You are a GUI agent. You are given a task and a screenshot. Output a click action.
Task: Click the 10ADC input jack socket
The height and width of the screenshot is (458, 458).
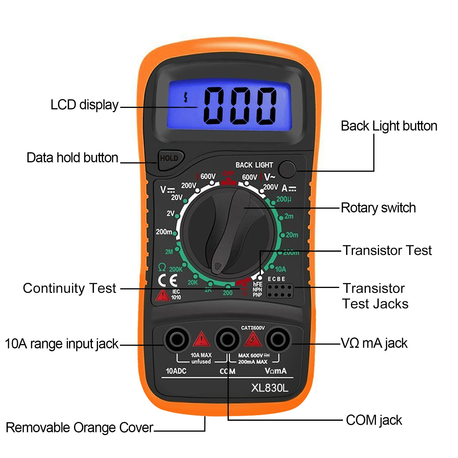[x=177, y=340]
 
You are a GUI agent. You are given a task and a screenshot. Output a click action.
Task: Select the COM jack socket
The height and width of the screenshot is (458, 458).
[x=228, y=340]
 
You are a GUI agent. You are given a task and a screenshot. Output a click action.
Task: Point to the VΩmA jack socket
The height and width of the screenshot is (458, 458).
[x=277, y=340]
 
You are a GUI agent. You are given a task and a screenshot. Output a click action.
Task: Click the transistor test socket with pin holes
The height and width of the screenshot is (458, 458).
[x=280, y=291]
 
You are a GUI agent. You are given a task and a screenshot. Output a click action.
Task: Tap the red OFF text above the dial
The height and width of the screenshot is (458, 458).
[x=228, y=174]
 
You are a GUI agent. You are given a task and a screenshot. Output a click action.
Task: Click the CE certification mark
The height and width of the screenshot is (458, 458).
[x=168, y=280]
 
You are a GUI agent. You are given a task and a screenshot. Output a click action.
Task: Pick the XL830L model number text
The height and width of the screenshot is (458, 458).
[x=269, y=388]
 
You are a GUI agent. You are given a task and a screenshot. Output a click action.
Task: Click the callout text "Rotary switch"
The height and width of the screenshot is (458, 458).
[x=378, y=208]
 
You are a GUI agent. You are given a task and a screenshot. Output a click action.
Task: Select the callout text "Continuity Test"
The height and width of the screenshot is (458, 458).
[x=70, y=288]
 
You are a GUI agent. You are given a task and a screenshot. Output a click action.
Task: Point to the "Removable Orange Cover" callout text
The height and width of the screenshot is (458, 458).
[x=80, y=428]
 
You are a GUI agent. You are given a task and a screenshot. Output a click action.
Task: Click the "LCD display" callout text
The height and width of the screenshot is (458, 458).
[x=84, y=105]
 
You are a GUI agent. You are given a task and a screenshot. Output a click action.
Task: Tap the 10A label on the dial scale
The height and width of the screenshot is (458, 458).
[x=281, y=269]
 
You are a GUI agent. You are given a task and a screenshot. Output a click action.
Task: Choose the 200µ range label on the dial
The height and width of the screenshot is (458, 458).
[x=284, y=199]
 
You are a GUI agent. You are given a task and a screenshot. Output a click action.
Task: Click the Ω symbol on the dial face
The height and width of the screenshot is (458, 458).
[x=162, y=267]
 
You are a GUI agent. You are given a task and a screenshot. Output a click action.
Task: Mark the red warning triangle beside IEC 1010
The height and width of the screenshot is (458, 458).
[x=162, y=295]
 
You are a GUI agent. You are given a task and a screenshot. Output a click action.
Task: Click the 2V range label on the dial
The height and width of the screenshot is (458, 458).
[x=170, y=213]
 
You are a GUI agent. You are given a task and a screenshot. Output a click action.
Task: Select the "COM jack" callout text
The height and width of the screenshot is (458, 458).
[x=374, y=420]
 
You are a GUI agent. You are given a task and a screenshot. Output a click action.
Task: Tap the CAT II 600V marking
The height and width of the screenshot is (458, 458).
[x=253, y=328]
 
